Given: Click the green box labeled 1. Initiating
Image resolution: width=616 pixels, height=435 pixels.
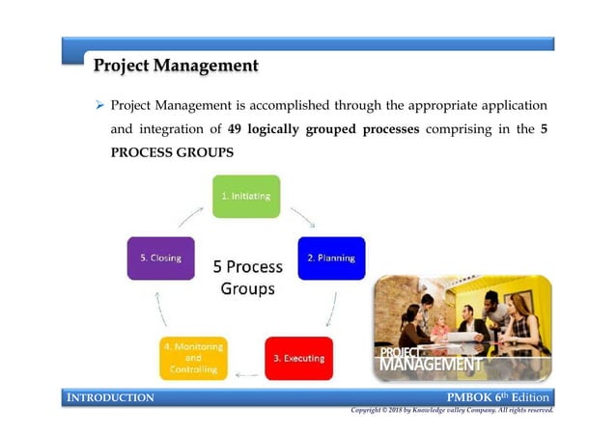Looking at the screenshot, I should tap(245, 196).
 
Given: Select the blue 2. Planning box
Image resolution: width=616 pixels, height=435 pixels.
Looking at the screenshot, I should tap(331, 258).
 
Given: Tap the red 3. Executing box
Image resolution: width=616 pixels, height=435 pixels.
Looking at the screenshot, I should tap(298, 358).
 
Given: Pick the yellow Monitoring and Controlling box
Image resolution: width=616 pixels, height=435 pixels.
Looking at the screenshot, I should tap(193, 358).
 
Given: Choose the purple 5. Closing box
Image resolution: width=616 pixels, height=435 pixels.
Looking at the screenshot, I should tap(160, 258).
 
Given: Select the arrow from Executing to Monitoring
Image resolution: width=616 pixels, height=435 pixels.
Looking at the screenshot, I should tap(246, 373).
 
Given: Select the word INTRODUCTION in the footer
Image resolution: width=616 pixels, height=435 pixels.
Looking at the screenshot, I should tap(108, 397).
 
